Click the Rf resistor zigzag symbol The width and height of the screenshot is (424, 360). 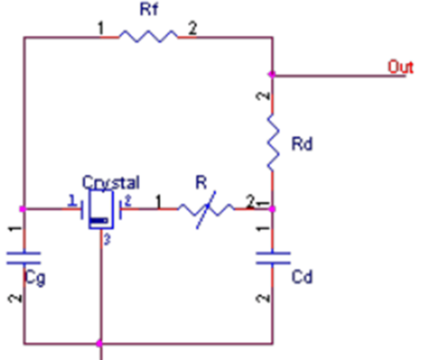click(x=148, y=36)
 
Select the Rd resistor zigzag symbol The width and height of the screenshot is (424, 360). click(x=273, y=143)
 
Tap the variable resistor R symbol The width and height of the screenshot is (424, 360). click(x=207, y=210)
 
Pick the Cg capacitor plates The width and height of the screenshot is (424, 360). click(x=24, y=258)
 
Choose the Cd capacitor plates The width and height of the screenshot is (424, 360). click(x=273, y=258)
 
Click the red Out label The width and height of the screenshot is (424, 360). click(x=400, y=67)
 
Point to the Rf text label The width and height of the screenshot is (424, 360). click(x=149, y=9)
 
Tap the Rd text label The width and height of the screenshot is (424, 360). click(x=302, y=144)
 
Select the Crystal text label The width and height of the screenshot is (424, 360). click(x=111, y=182)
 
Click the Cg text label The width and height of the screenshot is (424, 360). click(x=36, y=278)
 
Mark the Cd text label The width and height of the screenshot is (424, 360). click(x=302, y=276)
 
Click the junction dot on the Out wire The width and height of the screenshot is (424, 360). click(x=272, y=74)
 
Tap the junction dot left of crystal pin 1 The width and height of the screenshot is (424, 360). click(x=23, y=208)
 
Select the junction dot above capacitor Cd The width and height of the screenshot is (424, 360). click(x=272, y=208)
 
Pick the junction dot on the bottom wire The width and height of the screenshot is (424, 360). click(x=99, y=343)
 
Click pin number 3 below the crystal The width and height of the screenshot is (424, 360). click(x=107, y=240)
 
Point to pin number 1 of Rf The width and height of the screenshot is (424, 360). click(x=100, y=28)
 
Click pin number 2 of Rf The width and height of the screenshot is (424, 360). click(x=193, y=28)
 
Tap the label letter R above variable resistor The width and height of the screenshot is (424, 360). click(x=201, y=182)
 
